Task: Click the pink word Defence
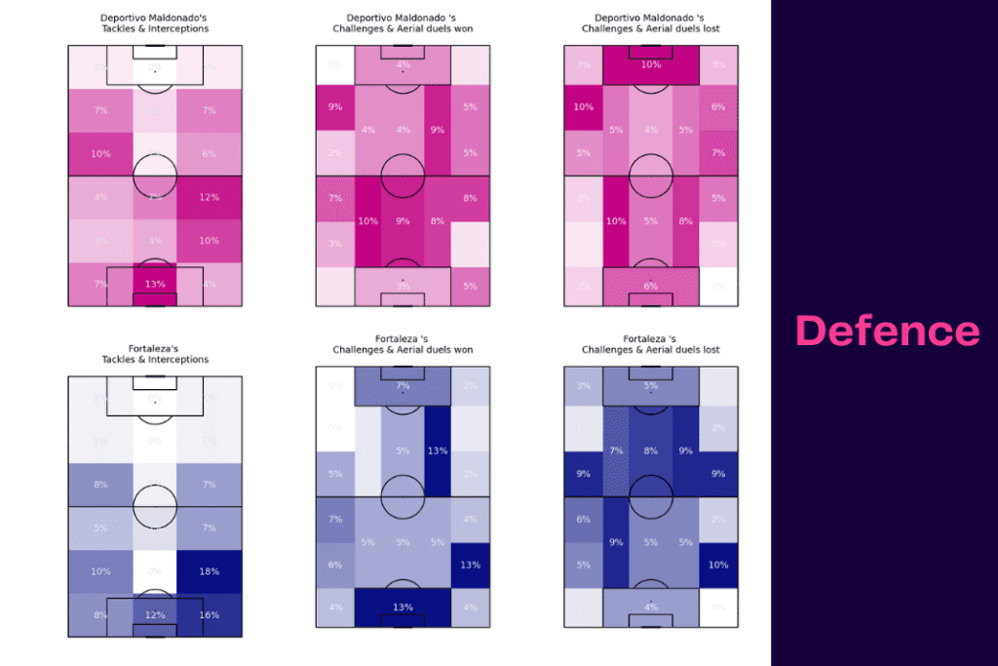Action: tap(887, 331)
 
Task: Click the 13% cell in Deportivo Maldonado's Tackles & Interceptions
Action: tap(155, 285)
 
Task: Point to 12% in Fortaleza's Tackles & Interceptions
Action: tap(155, 615)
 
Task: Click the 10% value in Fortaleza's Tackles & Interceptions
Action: tap(100, 572)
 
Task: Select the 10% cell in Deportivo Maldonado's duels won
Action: tap(367, 221)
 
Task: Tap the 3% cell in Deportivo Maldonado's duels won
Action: tap(335, 244)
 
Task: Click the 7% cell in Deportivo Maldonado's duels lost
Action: tap(718, 153)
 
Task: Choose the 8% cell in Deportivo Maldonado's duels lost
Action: tap(685, 221)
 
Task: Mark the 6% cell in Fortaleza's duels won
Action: tap(335, 566)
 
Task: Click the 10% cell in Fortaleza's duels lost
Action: tap(718, 566)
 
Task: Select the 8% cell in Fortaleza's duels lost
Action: tap(651, 451)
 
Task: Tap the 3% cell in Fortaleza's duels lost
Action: tap(583, 387)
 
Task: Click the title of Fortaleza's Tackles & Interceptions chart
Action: tap(155, 354)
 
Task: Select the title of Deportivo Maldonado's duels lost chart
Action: tap(651, 23)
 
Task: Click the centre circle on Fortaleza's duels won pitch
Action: tap(403, 497)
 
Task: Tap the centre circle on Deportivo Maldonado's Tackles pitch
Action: tap(155, 176)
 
